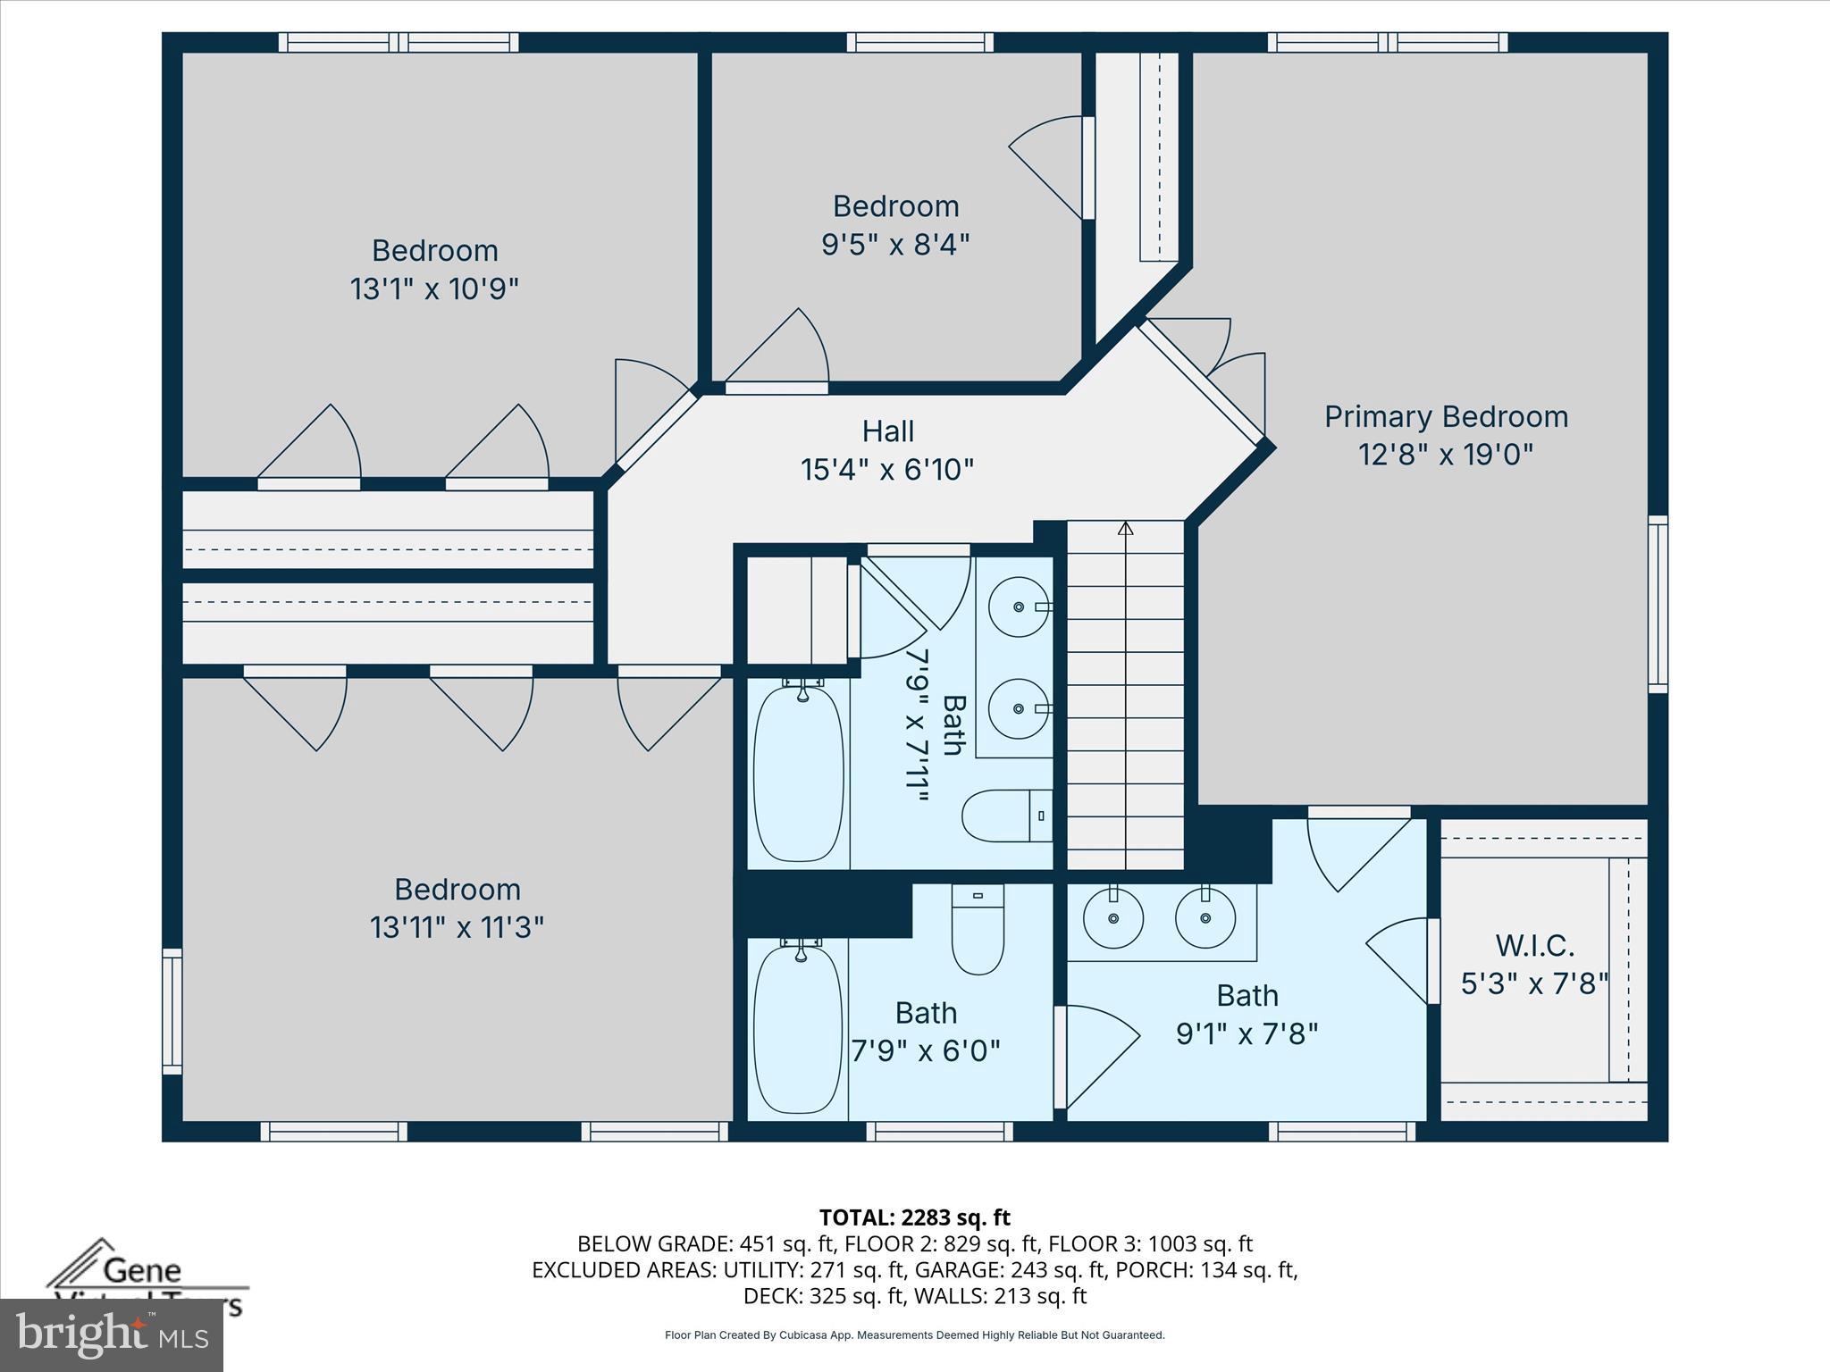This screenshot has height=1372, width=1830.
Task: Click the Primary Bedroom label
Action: point(1445,417)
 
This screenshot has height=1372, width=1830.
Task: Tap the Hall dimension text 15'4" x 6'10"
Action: point(886,469)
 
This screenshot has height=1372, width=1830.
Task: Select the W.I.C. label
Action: point(1534,945)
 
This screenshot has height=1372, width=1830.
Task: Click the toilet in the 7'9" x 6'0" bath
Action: point(978,929)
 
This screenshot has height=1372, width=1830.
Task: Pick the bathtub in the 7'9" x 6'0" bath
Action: point(798,1029)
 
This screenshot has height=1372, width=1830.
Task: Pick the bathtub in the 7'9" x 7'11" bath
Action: point(798,773)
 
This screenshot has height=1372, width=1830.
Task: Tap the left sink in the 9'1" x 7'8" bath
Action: point(1112,917)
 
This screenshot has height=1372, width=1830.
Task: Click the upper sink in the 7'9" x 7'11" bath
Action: point(1019,607)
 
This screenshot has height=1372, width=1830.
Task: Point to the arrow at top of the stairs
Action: point(1125,529)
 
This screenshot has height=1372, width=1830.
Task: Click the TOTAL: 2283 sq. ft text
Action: point(914,1217)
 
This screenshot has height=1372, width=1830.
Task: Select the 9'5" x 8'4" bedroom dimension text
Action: point(895,244)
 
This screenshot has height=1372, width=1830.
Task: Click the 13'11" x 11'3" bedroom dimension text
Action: point(457,927)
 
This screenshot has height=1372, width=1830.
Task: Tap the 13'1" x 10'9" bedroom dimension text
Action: point(434,289)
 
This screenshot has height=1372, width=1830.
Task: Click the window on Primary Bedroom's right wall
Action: point(1658,604)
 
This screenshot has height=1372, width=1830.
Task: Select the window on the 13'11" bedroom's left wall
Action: point(172,1011)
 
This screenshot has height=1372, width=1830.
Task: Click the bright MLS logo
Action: point(112,1336)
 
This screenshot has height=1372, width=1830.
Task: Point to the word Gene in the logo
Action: point(142,1269)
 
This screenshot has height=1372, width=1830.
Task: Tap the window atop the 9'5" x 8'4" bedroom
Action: point(919,42)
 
